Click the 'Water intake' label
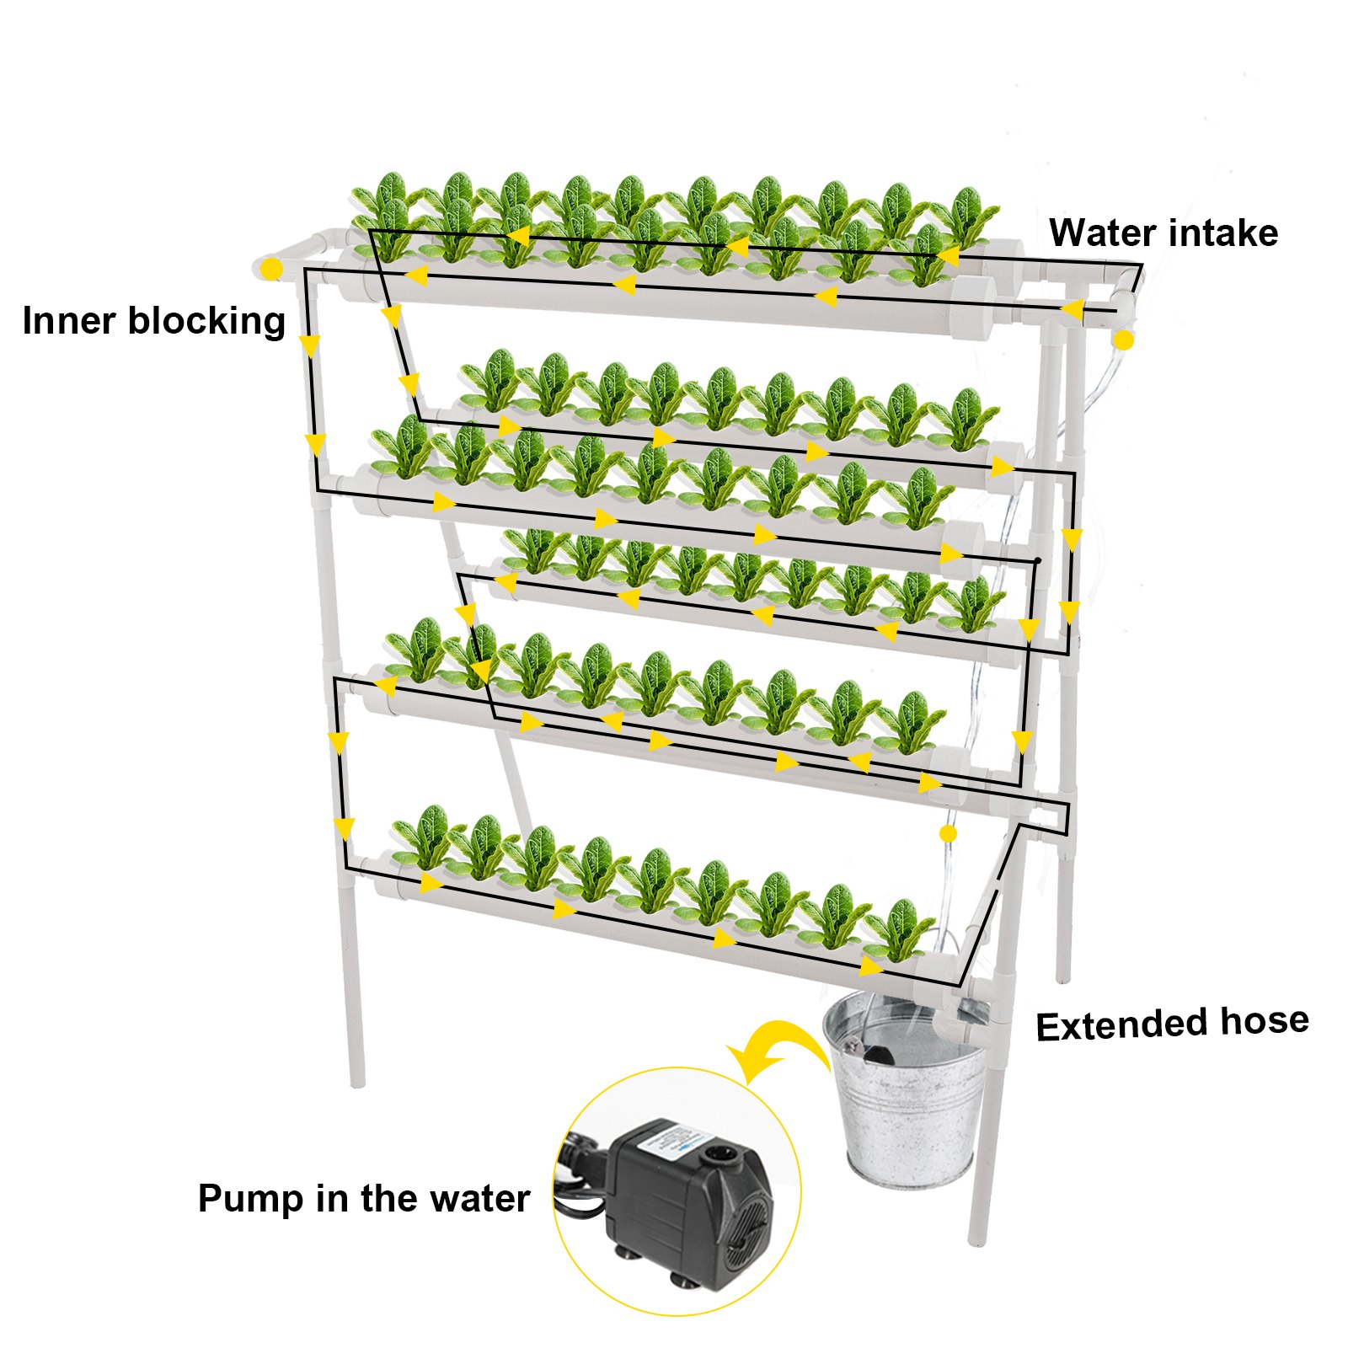[x=1163, y=233]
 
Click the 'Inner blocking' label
[x=154, y=321]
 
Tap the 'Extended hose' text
[x=1172, y=1024]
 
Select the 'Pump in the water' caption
[x=363, y=1198]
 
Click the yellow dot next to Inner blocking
[x=271, y=270]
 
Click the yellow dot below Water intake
[x=1124, y=340]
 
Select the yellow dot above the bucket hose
[x=948, y=833]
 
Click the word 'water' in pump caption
[x=479, y=1198]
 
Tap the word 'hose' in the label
[x=1265, y=1020]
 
